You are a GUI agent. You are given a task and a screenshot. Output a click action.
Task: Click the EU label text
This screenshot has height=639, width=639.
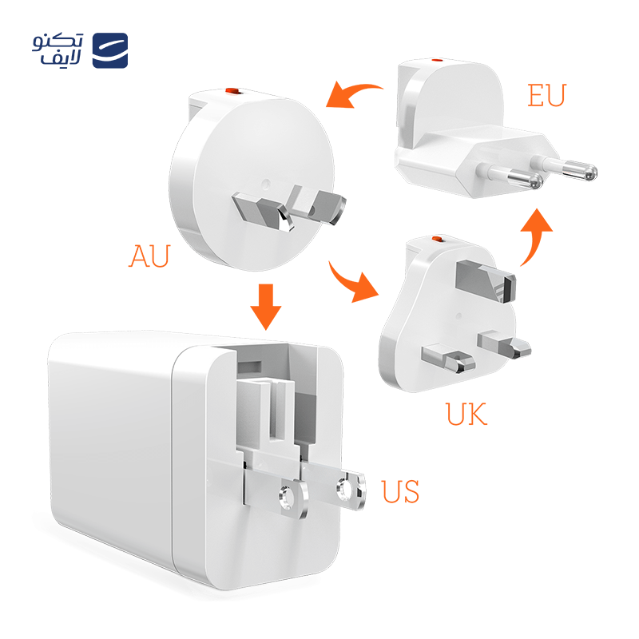point(546,94)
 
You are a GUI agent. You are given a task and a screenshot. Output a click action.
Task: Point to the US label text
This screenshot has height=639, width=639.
point(399,490)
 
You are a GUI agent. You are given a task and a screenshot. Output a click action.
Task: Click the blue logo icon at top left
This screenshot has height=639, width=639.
point(110,50)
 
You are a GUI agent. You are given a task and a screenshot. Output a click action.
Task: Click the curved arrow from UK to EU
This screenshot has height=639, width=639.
point(535,236)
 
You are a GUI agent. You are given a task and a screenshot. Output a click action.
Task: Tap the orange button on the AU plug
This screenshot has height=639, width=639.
point(232,92)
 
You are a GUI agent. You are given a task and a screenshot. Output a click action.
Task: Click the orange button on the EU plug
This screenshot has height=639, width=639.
point(435,61)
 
